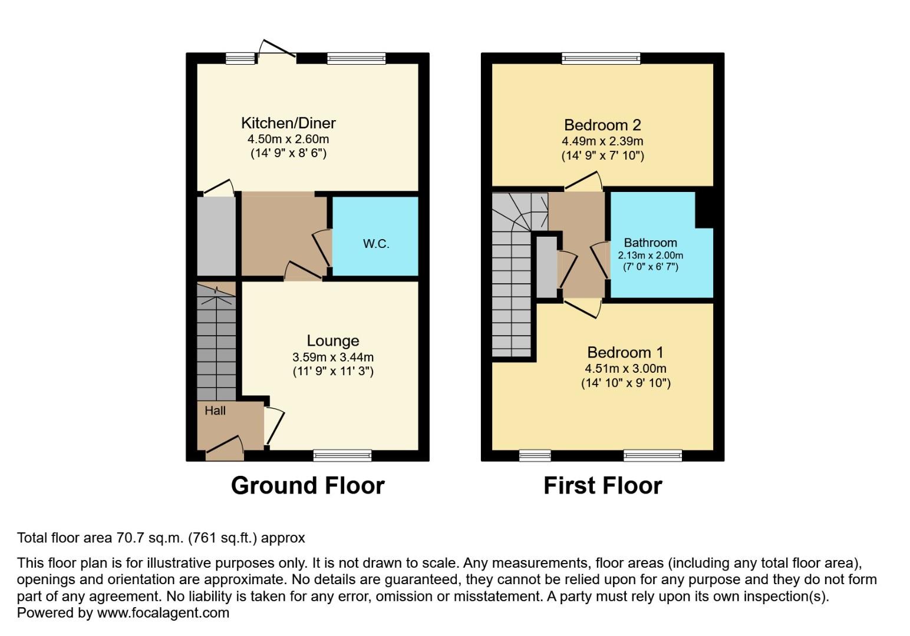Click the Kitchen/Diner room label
coord(288,123)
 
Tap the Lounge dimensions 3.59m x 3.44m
coord(333,357)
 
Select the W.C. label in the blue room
coord(376,244)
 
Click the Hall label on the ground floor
coord(215,411)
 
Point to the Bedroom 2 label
coord(602,125)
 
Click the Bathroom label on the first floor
coord(650,243)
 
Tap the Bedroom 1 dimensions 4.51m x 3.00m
coord(625,369)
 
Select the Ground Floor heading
coord(308,486)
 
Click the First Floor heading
coord(602,486)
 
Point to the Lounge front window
coord(342,455)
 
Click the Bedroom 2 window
coord(601,58)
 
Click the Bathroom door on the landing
coord(600,260)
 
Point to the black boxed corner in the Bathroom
coord(704,210)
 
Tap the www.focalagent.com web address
coord(163,613)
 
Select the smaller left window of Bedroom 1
coord(535,455)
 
